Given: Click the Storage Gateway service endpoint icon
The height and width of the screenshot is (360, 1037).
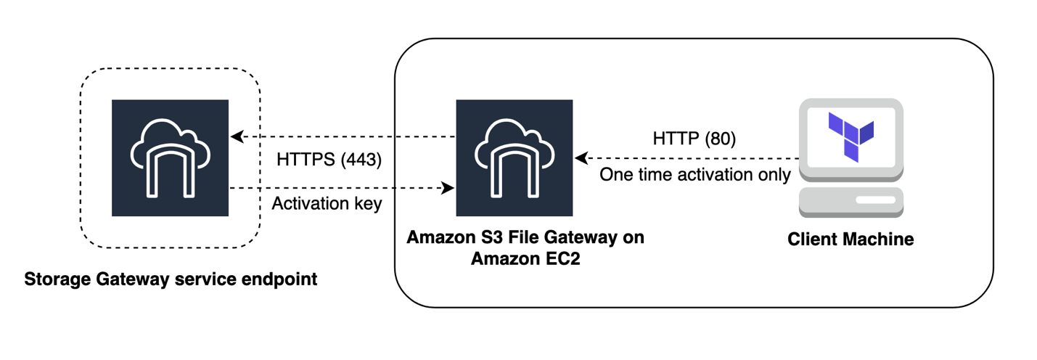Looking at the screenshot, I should [x=170, y=158].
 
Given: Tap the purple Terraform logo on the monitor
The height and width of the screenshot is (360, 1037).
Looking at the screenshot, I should [x=851, y=136].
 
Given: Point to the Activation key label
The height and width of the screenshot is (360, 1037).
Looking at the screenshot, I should [x=327, y=204].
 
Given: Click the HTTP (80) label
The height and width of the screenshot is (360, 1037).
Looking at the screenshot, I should [x=694, y=139].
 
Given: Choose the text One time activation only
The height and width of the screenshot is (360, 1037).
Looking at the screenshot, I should [x=694, y=175].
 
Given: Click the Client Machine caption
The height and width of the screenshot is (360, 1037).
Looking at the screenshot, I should [x=850, y=239].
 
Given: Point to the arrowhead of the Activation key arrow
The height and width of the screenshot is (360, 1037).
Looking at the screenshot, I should [x=448, y=188].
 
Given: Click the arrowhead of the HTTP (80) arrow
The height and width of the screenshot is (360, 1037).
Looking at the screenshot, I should [x=580, y=157].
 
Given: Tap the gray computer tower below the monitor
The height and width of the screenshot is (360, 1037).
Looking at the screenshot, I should [x=850, y=202].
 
